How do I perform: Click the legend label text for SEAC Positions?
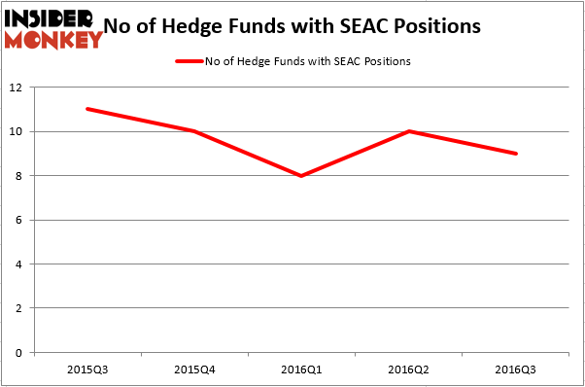tap(307, 61)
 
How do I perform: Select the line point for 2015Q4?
tap(194, 131)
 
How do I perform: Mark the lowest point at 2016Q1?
tap(301, 176)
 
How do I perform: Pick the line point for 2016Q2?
tap(409, 131)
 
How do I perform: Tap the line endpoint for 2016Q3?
tap(516, 154)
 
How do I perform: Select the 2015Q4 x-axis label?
tap(194, 369)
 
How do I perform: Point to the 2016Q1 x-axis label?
tap(301, 369)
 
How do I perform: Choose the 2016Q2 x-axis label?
tap(409, 369)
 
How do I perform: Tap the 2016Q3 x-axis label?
tap(516, 369)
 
